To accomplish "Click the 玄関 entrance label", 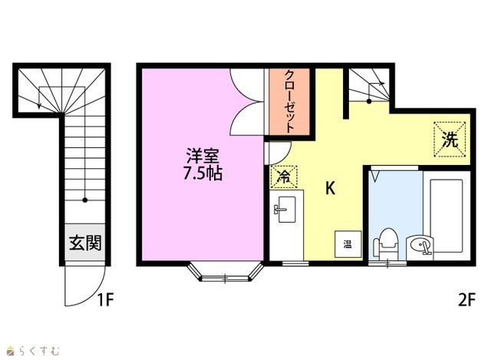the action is coord(85,243).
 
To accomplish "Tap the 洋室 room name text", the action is coord(203,155).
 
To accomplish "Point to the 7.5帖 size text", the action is coord(203,173).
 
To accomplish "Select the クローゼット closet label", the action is coord(290,101).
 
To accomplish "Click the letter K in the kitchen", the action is coord(331,189).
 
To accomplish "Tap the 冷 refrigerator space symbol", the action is coord(284,177).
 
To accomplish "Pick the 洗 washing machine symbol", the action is coord(450,139).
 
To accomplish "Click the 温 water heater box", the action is coord(348,244).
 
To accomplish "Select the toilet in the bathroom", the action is coord(385,244).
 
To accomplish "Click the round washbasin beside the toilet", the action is coord(420,245).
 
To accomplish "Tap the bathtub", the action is coord(447,216).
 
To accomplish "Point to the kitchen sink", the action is coord(286,210).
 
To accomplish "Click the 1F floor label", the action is coord(105,300).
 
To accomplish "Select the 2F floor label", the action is coord(466,300).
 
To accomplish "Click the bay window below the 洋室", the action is coord(225,272).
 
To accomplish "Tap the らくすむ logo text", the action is coord(39,351).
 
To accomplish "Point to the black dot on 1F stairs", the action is coord(85,200).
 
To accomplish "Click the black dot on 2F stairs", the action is coord(369,101).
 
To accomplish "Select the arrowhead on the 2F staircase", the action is coord(382,84).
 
